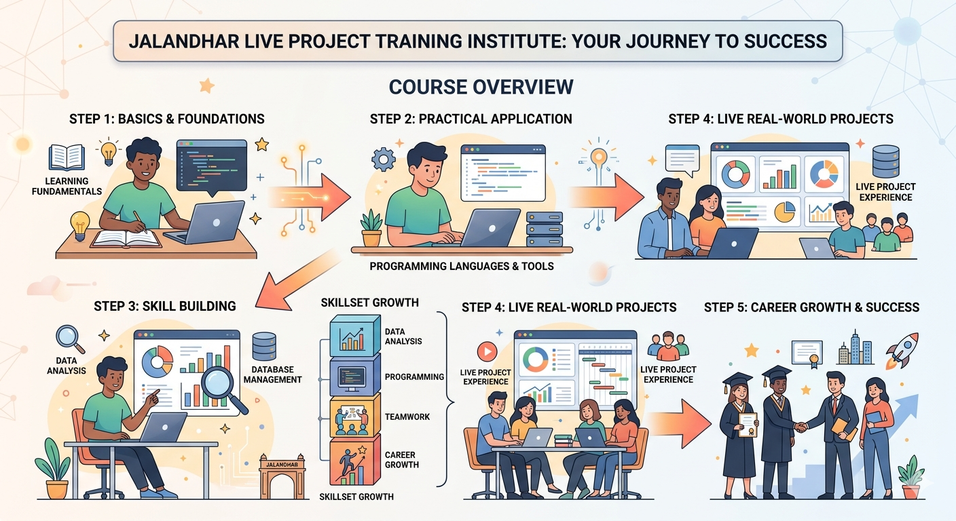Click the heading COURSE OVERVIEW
tap(481, 87)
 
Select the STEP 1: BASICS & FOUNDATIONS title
tap(167, 119)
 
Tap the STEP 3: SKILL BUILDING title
tap(165, 306)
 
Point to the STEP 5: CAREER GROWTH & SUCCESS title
tap(811, 307)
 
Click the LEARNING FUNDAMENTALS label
tap(67, 186)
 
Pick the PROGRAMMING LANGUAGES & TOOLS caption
tap(462, 267)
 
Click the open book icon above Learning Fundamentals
tap(67, 157)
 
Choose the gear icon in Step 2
tap(383, 159)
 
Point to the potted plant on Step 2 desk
tap(372, 229)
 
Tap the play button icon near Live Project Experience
tap(486, 351)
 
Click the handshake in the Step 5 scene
tap(801, 427)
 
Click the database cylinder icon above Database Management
tap(263, 347)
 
